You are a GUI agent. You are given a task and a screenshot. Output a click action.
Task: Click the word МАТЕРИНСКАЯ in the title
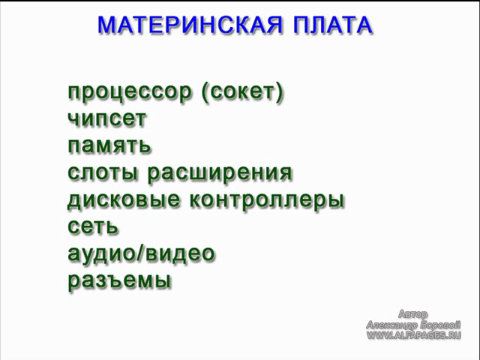tap(190, 25)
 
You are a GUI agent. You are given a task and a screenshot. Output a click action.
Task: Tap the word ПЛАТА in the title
tap(333, 25)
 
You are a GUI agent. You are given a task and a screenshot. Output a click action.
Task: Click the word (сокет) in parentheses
tap(242, 92)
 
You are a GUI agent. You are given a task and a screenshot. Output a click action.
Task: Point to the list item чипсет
tap(106, 119)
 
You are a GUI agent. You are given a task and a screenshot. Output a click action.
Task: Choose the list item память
tap(109, 145)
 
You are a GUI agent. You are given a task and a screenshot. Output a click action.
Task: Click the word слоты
tap(103, 172)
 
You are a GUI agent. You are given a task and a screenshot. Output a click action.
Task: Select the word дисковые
tap(124, 200)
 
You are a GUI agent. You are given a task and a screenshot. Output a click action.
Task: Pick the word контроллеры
tap(267, 201)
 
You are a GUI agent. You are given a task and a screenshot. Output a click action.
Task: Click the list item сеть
tap(93, 226)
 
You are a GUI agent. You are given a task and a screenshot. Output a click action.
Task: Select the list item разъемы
tap(119, 280)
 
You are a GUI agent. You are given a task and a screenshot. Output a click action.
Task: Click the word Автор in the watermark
tap(412, 314)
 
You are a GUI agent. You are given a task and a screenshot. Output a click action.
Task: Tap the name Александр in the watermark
tap(392, 325)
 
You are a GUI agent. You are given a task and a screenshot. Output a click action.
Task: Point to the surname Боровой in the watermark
tap(440, 325)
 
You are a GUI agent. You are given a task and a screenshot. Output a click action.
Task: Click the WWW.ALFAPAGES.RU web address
tap(413, 335)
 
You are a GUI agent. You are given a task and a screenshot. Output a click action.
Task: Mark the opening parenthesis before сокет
tap(205, 92)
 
